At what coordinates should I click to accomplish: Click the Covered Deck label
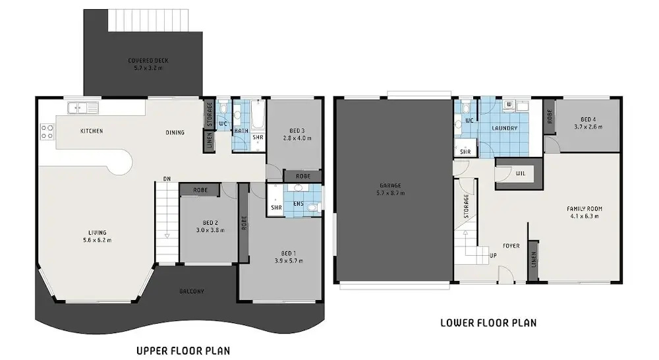[148, 61]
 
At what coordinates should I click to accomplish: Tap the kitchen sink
[83, 108]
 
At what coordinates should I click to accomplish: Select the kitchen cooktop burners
[47, 132]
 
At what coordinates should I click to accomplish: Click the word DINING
[175, 133]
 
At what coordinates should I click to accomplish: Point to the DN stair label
[167, 179]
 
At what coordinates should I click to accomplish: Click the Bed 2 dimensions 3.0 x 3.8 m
[210, 230]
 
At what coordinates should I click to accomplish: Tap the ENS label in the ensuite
[298, 204]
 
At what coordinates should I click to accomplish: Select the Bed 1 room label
[289, 253]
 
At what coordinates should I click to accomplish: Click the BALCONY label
[192, 291]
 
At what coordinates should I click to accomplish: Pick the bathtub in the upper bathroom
[257, 114]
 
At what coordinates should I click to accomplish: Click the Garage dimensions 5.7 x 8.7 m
[391, 193]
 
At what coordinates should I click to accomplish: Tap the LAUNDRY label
[504, 128]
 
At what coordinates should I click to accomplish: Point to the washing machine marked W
[509, 104]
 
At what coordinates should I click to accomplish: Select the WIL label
[521, 173]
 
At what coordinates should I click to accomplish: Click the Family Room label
[584, 208]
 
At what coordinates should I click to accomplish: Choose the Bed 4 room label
[588, 119]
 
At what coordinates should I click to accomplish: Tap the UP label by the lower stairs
[493, 255]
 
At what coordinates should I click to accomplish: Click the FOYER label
[511, 246]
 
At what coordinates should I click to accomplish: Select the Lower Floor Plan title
[488, 322]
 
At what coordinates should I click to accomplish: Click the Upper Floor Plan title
[183, 350]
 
